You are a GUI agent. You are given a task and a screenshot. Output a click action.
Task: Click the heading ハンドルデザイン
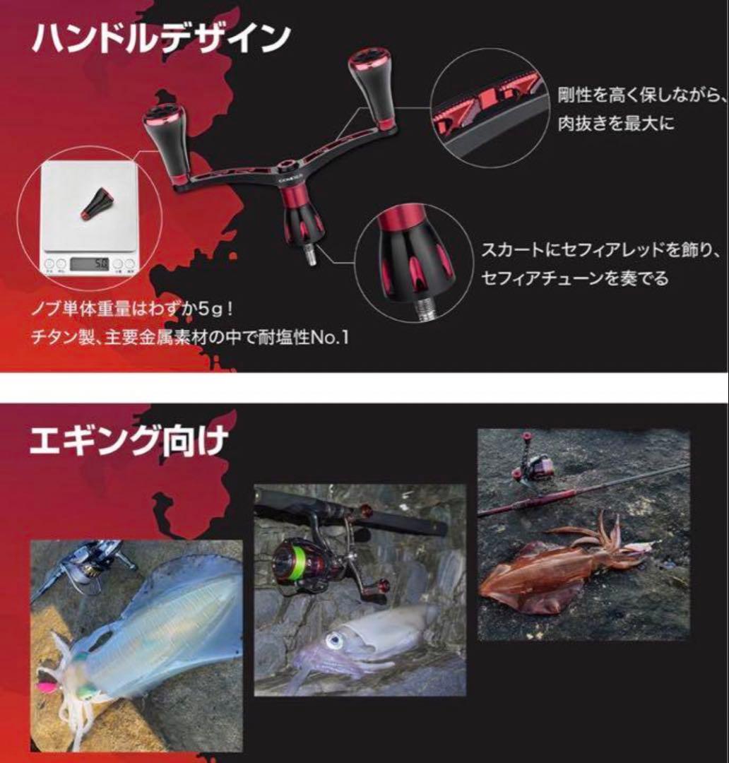pyautogui.click(x=161, y=38)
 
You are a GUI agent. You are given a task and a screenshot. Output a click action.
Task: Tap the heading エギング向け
pyautogui.click(x=129, y=442)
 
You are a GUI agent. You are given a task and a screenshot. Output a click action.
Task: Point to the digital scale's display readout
pyautogui.click(x=91, y=264)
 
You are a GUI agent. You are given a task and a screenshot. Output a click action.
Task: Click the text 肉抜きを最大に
pyautogui.click(x=616, y=123)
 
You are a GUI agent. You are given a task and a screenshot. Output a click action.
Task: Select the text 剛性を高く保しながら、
pyautogui.click(x=641, y=94)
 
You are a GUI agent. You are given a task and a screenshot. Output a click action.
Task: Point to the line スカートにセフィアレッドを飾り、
pyautogui.click(x=600, y=251)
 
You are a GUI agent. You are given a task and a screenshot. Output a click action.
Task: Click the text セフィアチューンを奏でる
pyautogui.click(x=574, y=278)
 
